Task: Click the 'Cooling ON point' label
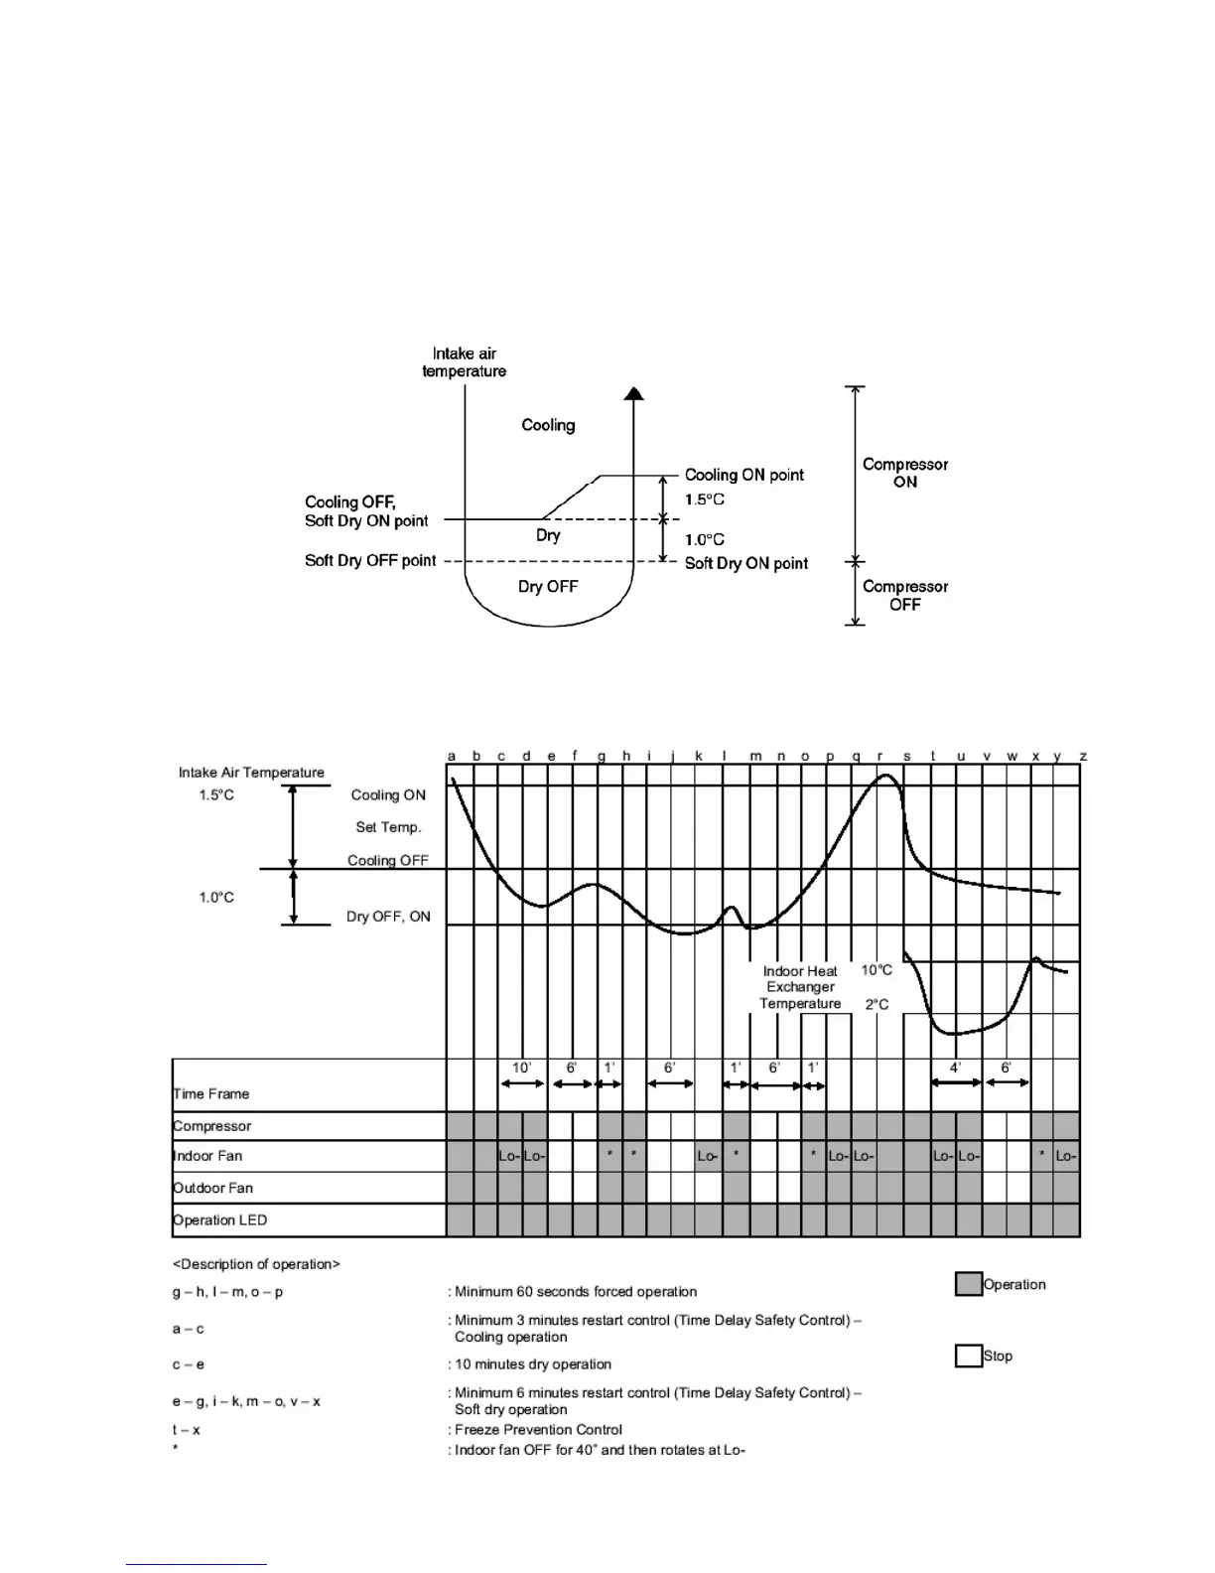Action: (x=743, y=475)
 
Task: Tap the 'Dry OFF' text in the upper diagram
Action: (x=547, y=586)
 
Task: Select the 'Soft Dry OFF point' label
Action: (x=370, y=560)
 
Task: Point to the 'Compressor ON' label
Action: (x=904, y=473)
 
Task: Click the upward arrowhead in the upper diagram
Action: (x=634, y=393)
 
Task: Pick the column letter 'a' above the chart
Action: (x=452, y=756)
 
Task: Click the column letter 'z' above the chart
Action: (x=1083, y=756)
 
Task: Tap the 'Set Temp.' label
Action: (x=388, y=827)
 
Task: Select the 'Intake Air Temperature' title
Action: (x=251, y=772)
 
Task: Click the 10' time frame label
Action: (x=521, y=1068)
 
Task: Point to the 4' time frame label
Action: (x=955, y=1068)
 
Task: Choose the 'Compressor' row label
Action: (x=212, y=1126)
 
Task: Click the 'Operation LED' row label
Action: (x=220, y=1219)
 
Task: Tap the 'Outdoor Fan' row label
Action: (x=213, y=1188)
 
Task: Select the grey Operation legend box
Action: (x=968, y=1284)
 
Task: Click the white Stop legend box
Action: (x=968, y=1356)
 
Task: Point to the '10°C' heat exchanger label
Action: (x=877, y=970)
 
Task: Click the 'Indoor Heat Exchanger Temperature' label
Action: (x=800, y=987)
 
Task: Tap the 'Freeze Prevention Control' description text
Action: (x=538, y=1430)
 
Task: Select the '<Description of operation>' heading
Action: (x=256, y=1264)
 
